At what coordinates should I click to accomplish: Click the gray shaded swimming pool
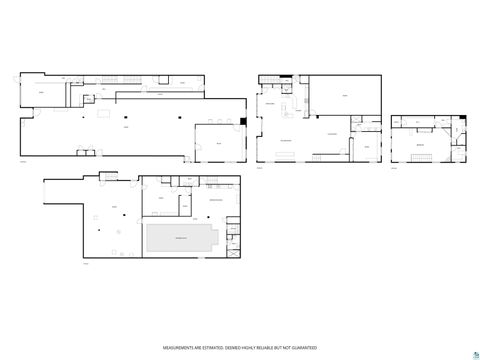coord(180,237)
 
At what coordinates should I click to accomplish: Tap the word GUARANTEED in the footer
coord(306,347)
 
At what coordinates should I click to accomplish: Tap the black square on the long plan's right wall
coord(243,122)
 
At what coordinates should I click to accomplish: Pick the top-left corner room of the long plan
coord(43,92)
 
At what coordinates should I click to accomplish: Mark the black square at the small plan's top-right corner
coord(464,116)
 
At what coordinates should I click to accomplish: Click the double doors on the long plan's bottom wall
coord(88,152)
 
